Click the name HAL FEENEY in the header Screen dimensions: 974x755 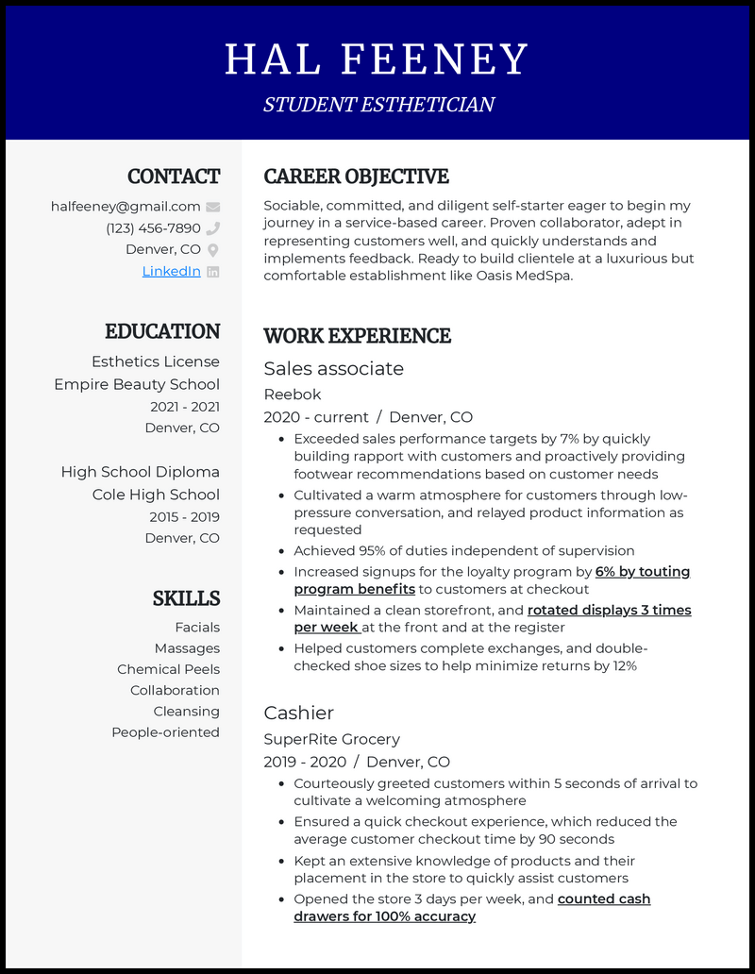[377, 59]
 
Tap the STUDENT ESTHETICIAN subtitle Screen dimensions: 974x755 [378, 105]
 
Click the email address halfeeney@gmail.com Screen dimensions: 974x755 [126, 207]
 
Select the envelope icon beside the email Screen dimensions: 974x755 [213, 207]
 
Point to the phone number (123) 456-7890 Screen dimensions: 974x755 [153, 228]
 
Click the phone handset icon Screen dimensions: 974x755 [213, 228]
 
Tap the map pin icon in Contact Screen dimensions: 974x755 [213, 250]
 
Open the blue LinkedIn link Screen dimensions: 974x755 [171, 271]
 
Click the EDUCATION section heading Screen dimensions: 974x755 [162, 331]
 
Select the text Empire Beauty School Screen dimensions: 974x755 [137, 384]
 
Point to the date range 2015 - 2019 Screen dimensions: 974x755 [184, 516]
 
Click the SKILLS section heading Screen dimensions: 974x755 [186, 598]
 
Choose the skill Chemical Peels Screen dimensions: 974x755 [168, 669]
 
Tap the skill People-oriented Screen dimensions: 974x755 [165, 732]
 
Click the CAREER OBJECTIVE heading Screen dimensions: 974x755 [356, 176]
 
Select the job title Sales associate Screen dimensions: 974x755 [333, 368]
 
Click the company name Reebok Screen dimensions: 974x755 [293, 395]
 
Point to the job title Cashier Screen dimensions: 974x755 [298, 713]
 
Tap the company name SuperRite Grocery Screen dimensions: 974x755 [331, 739]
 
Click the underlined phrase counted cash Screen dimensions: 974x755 [604, 898]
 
